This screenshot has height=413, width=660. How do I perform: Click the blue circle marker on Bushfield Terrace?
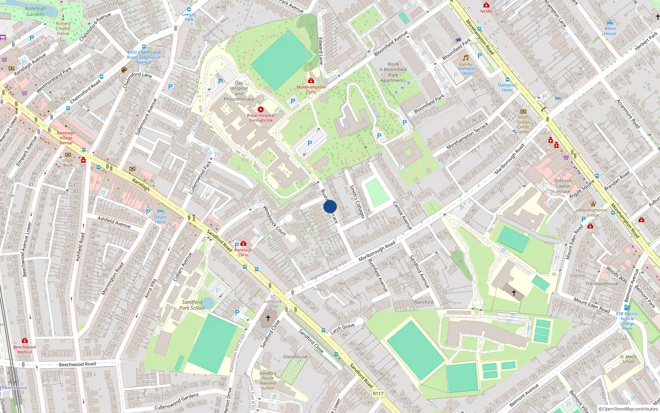click(x=330, y=206)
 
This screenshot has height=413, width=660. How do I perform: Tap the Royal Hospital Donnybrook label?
click(x=261, y=118)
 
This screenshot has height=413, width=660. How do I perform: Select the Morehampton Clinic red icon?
click(x=311, y=81)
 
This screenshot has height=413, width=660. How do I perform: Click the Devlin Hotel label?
click(x=160, y=219)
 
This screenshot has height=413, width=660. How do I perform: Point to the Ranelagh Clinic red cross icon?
click(x=243, y=244)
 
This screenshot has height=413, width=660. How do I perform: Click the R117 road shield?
click(x=378, y=394)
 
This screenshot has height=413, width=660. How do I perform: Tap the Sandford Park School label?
click(x=192, y=305)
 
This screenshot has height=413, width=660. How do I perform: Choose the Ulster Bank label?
click(x=68, y=163)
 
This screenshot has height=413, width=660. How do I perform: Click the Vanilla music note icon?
click(x=465, y=58)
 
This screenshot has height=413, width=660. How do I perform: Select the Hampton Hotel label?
click(x=507, y=88)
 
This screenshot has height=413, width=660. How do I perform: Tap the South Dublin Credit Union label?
click(x=523, y=124)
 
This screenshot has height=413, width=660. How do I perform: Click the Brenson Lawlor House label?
click(x=563, y=186)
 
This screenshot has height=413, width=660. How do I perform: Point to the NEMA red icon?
click(x=486, y=5)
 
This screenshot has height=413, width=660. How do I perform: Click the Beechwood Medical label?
click(x=24, y=349)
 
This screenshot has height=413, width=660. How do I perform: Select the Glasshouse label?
click(x=295, y=357)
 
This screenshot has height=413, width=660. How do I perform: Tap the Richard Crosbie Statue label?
click(x=63, y=28)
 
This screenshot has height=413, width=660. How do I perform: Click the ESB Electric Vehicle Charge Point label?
click(x=627, y=321)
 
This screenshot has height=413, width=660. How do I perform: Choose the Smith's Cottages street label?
click(x=357, y=202)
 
